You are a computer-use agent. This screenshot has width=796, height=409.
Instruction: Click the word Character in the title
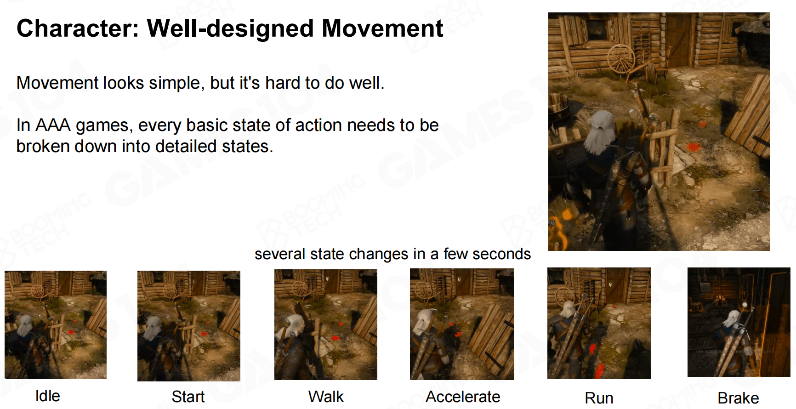pyautogui.click(x=78, y=28)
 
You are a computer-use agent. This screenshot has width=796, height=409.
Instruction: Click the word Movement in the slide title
pyautogui.click(x=382, y=28)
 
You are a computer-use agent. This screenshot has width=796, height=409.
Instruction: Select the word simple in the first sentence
pyautogui.click(x=175, y=83)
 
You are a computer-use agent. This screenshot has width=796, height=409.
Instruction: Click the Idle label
pyautogui.click(x=48, y=396)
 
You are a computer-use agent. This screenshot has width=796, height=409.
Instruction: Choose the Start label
pyautogui.click(x=188, y=396)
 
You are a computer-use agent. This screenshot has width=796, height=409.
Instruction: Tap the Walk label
pyautogui.click(x=326, y=396)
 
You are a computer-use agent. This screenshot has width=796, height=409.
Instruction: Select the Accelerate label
pyautogui.click(x=463, y=396)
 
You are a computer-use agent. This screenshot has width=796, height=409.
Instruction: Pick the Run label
pyautogui.click(x=599, y=398)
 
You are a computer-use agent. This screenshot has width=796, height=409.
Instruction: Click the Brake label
pyautogui.click(x=738, y=398)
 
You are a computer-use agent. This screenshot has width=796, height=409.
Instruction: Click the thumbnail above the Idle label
pyautogui.click(x=56, y=325)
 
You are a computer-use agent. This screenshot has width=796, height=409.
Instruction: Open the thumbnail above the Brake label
pyautogui.click(x=739, y=322)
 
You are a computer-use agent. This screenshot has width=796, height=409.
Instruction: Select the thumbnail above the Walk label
pyautogui.click(x=326, y=324)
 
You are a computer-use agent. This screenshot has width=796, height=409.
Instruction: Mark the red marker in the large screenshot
pyautogui.click(x=693, y=147)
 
